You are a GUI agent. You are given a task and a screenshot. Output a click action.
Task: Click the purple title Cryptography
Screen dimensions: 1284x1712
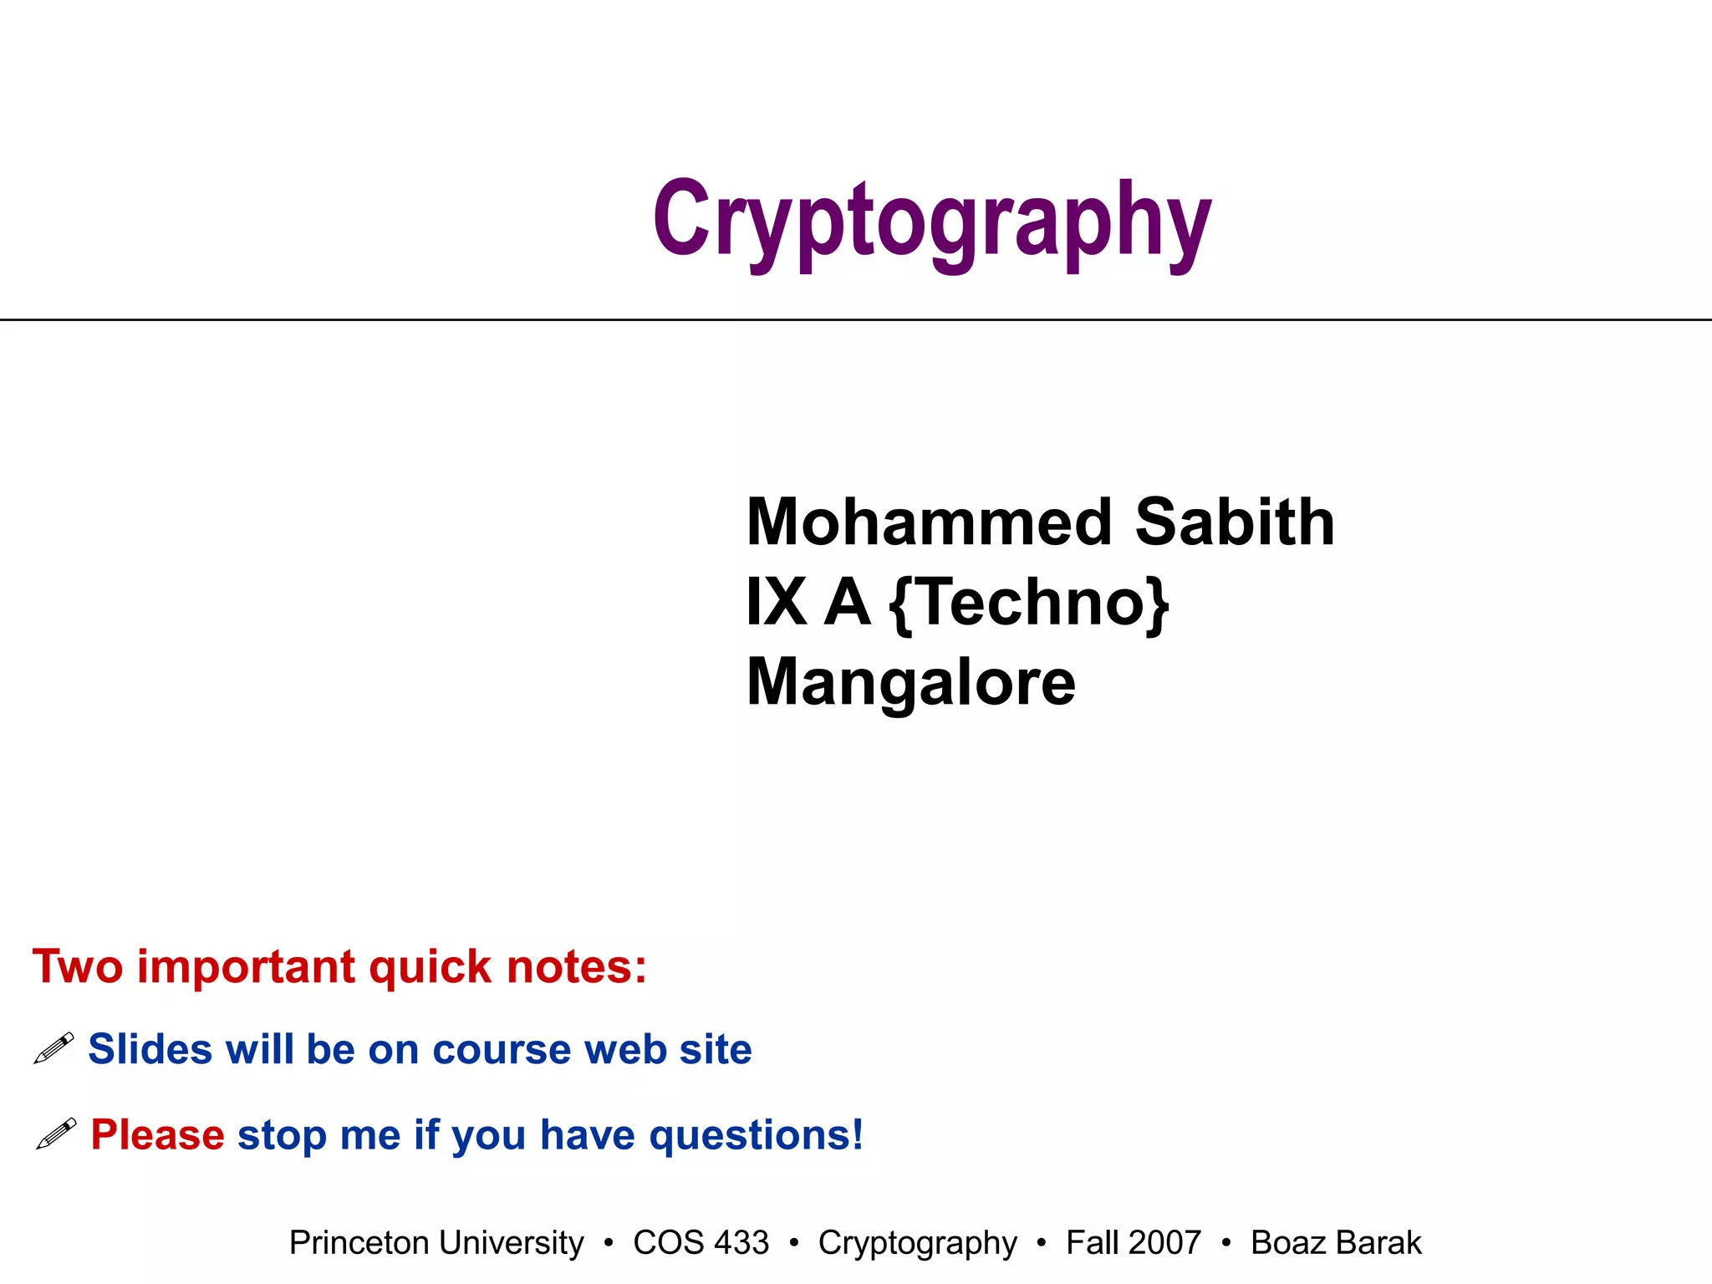[931, 221]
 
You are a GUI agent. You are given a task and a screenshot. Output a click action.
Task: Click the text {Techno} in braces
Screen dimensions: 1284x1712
[1028, 603]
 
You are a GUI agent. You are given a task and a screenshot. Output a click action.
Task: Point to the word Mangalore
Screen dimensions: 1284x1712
[910, 682]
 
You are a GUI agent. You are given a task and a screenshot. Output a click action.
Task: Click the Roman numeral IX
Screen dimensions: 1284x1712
[776, 603]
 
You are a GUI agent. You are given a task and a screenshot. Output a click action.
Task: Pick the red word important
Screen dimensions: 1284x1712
[247, 967]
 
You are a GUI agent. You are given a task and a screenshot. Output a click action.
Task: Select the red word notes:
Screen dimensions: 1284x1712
[576, 967]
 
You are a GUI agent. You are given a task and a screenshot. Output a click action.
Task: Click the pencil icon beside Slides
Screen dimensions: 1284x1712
[54, 1048]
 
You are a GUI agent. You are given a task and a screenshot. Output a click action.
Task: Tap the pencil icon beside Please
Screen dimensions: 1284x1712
[56, 1134]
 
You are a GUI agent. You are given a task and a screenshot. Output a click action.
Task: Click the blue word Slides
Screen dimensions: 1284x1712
[150, 1049]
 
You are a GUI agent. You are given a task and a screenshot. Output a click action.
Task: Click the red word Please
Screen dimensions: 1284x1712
[157, 1135]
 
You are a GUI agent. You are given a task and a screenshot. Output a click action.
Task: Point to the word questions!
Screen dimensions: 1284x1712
[756, 1136]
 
